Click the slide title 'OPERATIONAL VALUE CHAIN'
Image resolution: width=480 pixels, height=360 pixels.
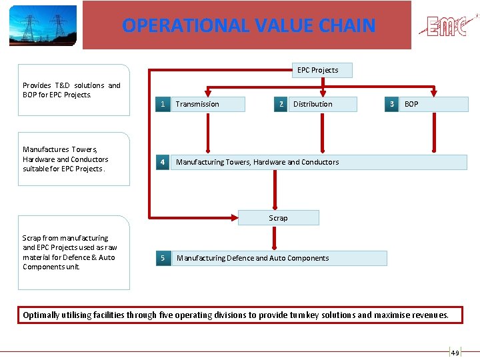coord(249,25)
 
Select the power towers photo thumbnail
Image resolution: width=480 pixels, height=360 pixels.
coord(43,25)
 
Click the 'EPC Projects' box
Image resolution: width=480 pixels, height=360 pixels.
coord(317,70)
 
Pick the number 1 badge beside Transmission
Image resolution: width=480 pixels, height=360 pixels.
coord(162,104)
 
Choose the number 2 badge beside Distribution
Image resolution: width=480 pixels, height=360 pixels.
coord(281,104)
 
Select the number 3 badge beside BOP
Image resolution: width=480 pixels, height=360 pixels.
coord(392,104)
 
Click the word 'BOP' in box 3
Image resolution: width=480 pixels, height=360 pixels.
coord(411,104)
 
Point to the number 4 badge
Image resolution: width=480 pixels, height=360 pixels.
coord(162,162)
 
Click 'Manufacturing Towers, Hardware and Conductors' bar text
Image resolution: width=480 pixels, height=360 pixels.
coord(257,162)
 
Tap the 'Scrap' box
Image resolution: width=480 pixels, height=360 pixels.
coord(278,218)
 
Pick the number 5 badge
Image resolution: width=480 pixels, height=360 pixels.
coord(162,258)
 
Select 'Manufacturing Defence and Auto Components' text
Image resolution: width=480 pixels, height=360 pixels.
coord(253,258)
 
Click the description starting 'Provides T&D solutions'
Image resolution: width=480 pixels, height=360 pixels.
coord(71,90)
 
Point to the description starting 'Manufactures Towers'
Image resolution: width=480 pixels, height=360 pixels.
coord(65,159)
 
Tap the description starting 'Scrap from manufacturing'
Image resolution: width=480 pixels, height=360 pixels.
coord(69,252)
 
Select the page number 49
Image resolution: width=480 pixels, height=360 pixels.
coord(455,353)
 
